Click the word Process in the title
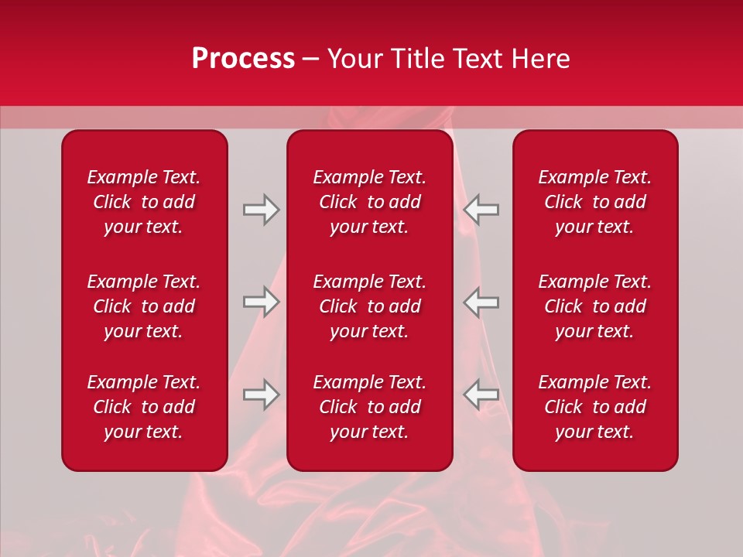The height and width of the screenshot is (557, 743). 243,59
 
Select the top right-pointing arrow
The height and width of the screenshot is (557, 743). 261,210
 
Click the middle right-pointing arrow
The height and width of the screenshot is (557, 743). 261,302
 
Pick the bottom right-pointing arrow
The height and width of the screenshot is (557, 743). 261,395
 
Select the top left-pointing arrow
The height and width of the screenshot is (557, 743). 481,210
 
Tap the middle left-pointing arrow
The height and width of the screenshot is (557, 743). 481,302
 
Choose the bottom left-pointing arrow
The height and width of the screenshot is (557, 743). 481,395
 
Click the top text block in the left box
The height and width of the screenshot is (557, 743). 144,202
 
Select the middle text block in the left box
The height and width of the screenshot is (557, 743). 144,306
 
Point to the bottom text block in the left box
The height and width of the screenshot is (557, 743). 144,407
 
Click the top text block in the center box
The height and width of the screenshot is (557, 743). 369,202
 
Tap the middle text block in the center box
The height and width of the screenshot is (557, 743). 369,306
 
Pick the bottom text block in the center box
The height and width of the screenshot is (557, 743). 369,407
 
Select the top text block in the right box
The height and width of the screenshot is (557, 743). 594,202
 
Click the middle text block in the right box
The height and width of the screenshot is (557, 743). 594,306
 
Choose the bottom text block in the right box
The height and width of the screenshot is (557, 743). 594,407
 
